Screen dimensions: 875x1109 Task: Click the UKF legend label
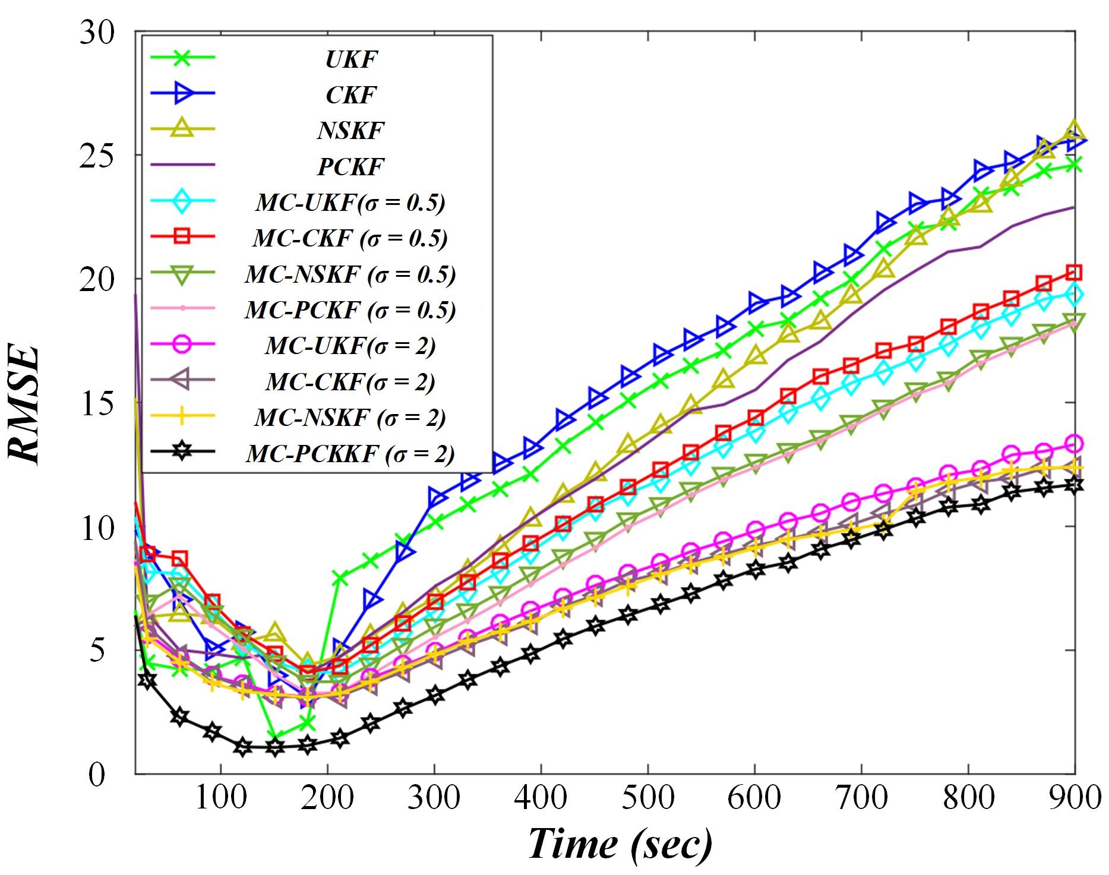click(x=351, y=59)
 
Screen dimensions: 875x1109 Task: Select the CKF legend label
click(x=351, y=94)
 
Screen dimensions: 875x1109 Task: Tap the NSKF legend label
click(x=351, y=130)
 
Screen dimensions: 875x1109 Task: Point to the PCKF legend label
click(x=351, y=166)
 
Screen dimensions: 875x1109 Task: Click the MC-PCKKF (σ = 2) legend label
click(x=350, y=454)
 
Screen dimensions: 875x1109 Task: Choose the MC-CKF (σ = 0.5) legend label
click(x=350, y=238)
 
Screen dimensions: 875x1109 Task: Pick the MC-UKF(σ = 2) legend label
click(x=350, y=346)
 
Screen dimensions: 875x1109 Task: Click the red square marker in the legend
click(x=182, y=236)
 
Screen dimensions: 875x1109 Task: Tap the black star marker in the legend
click(x=182, y=451)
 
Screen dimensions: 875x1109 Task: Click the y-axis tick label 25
click(x=97, y=156)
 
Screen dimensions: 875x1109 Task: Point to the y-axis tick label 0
click(x=97, y=774)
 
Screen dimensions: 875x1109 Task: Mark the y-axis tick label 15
click(x=97, y=404)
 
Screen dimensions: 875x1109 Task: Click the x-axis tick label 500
click(x=647, y=797)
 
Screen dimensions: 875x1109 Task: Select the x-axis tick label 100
click(x=221, y=797)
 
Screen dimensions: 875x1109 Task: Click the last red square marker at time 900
click(x=1074, y=273)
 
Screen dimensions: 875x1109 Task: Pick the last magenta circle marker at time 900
click(x=1074, y=443)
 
